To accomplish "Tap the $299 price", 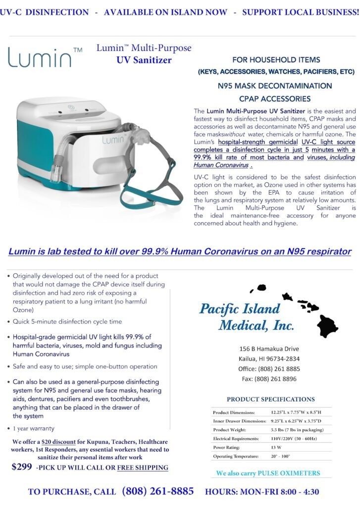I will pyautogui.click(x=22, y=467).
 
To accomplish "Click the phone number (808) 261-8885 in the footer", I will pyautogui.click(x=158, y=492).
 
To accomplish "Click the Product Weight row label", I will pyautogui.click(x=230, y=429).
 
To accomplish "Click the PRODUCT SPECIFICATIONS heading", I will pyautogui.click(x=270, y=399).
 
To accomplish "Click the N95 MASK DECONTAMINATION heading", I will pyautogui.click(x=275, y=86).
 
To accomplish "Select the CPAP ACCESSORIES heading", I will pyautogui.click(x=275, y=99).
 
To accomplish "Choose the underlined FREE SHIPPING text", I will pyautogui.click(x=143, y=467).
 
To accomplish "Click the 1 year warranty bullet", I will pyautogui.click(x=34, y=429).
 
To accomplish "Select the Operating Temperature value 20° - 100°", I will pyautogui.click(x=280, y=456).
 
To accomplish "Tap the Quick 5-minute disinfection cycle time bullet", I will pyautogui.click(x=67, y=321).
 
